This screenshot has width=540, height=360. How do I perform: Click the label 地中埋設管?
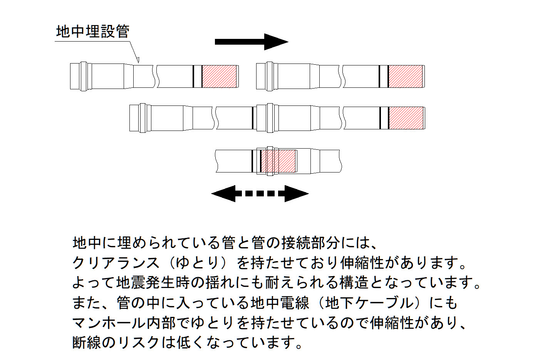click(x=93, y=31)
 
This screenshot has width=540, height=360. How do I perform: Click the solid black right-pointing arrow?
click(x=252, y=42)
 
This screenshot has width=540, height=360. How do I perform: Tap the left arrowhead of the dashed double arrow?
click(x=223, y=194)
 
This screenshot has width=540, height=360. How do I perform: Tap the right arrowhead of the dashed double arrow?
click(x=297, y=194)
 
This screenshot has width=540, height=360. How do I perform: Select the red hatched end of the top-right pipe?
click(x=406, y=76)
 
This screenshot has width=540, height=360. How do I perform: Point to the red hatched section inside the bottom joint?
click(x=278, y=161)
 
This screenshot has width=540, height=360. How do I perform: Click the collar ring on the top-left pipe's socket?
click(x=84, y=76)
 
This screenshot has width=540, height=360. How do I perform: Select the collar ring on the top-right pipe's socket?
click(x=270, y=76)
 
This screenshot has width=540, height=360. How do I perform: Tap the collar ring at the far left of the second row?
click(x=143, y=118)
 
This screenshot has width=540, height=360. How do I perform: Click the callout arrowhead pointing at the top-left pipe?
click(x=138, y=60)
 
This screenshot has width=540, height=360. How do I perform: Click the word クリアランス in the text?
click(x=116, y=263)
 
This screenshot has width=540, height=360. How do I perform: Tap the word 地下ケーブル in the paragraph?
click(x=369, y=303)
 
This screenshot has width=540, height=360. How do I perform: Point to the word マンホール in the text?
click(x=110, y=323)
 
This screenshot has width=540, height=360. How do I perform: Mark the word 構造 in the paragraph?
click(x=354, y=283)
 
